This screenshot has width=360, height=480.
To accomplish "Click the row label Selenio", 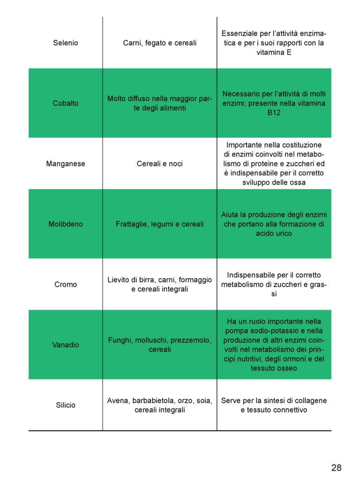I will pyautogui.click(x=66, y=43).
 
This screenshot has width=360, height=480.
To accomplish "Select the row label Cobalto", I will pyautogui.click(x=66, y=103).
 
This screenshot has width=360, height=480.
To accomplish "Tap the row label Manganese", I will pyautogui.click(x=66, y=164).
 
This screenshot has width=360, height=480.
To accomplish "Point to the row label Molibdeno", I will pyautogui.click(x=66, y=224).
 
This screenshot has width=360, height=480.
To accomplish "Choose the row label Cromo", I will pyautogui.click(x=66, y=285).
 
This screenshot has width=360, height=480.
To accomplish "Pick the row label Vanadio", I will pyautogui.click(x=66, y=345).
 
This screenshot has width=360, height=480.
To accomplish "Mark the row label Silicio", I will pyautogui.click(x=66, y=405).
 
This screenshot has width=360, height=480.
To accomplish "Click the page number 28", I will pyautogui.click(x=336, y=467).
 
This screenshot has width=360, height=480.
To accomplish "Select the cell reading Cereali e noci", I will pyautogui.click(x=160, y=164).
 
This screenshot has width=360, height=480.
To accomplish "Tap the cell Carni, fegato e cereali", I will pyautogui.click(x=160, y=43).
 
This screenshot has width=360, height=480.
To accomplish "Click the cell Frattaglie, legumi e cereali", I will pyautogui.click(x=160, y=224).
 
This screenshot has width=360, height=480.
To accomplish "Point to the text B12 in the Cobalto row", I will pyautogui.click(x=274, y=112).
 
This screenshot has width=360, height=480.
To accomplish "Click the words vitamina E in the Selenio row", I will pyautogui.click(x=274, y=52).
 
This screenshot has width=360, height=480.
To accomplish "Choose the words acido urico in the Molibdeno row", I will pyautogui.click(x=274, y=233).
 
